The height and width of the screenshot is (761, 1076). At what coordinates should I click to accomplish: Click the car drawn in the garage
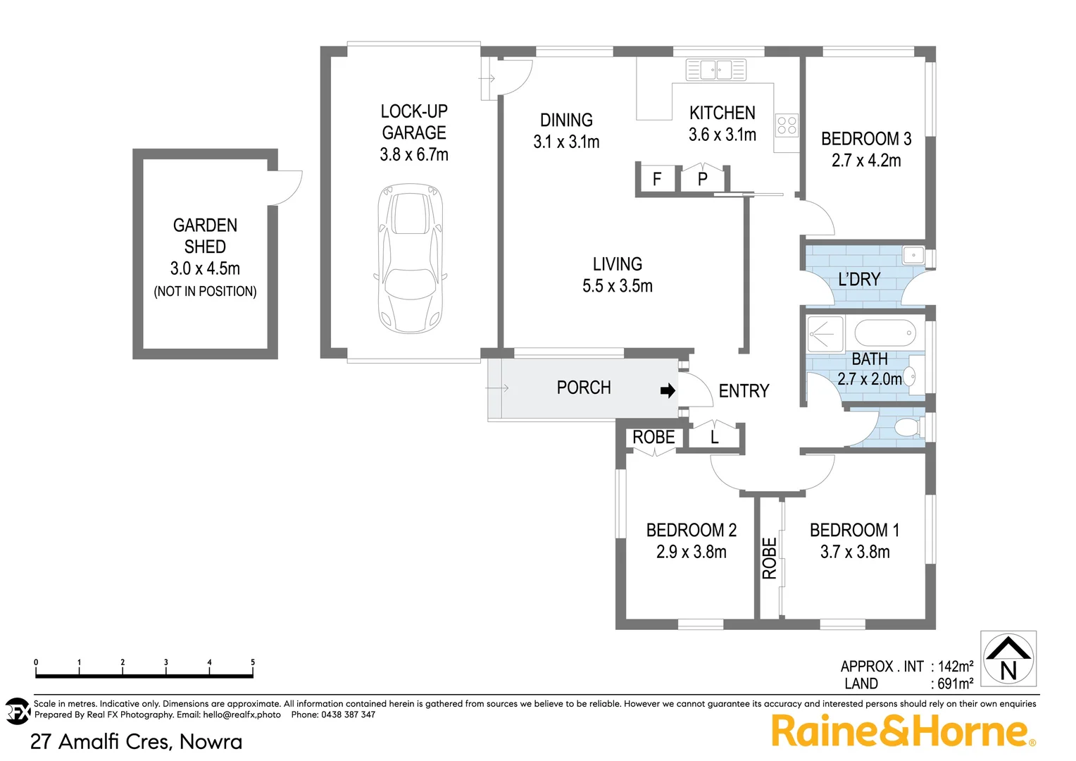(411, 259)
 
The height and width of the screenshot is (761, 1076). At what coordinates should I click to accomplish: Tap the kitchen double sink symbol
(715, 70)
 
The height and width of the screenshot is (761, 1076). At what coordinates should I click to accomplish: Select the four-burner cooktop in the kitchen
(787, 125)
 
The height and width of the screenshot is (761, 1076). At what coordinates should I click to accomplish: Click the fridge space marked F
(656, 180)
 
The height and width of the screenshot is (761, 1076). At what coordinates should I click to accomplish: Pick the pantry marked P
(702, 180)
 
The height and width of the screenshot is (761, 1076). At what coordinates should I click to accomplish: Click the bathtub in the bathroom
(884, 332)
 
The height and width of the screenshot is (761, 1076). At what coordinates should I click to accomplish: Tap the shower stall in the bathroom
(825, 333)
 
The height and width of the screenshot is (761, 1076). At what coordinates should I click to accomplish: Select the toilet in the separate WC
(906, 426)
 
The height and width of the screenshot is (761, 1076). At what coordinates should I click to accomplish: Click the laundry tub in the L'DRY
(913, 254)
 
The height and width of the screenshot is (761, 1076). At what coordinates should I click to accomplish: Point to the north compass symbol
(1008, 659)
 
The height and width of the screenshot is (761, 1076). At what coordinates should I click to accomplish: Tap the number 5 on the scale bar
(253, 662)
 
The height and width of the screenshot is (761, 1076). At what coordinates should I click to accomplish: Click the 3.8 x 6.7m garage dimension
(414, 155)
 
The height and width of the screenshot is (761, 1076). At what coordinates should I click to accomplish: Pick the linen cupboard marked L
(714, 438)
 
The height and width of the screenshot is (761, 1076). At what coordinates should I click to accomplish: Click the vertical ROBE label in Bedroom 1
(770, 558)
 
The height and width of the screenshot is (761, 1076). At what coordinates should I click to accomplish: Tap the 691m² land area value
(955, 683)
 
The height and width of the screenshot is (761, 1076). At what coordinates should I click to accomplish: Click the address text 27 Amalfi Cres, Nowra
(136, 741)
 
